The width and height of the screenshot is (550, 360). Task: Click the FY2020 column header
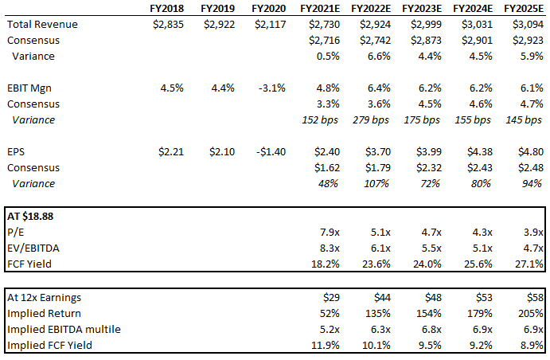point(267,8)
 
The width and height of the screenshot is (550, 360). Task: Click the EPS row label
point(18,151)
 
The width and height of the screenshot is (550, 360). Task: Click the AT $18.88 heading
point(31,215)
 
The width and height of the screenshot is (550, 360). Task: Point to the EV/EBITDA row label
point(34,248)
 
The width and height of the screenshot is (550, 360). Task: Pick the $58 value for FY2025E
point(535,296)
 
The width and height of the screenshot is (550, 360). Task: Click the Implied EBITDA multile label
point(63,328)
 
